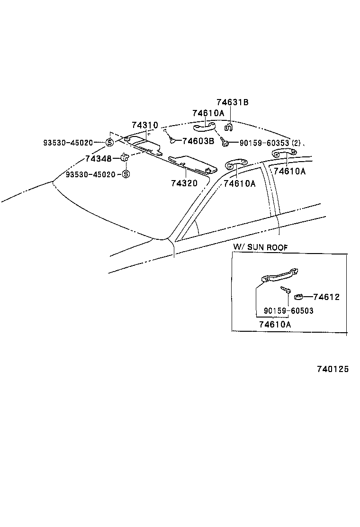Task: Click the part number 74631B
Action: pyautogui.click(x=233, y=102)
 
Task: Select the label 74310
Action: pyautogui.click(x=145, y=125)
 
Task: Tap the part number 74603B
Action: pyautogui.click(x=198, y=141)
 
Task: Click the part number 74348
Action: pyautogui.click(x=99, y=158)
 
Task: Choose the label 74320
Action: pyautogui.click(x=184, y=182)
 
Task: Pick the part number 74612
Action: pyautogui.click(x=326, y=297)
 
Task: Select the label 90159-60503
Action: pyautogui.click(x=288, y=311)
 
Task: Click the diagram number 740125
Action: pyautogui.click(x=330, y=369)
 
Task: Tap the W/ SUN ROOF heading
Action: pyautogui.click(x=260, y=247)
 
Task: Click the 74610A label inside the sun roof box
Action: pyautogui.click(x=275, y=325)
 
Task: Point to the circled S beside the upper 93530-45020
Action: pyautogui.click(x=109, y=143)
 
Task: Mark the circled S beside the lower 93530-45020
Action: pyautogui.click(x=126, y=174)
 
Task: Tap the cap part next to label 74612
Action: pyautogui.click(x=299, y=297)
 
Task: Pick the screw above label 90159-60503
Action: pyautogui.click(x=286, y=290)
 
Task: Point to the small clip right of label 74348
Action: pyautogui.click(x=125, y=157)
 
